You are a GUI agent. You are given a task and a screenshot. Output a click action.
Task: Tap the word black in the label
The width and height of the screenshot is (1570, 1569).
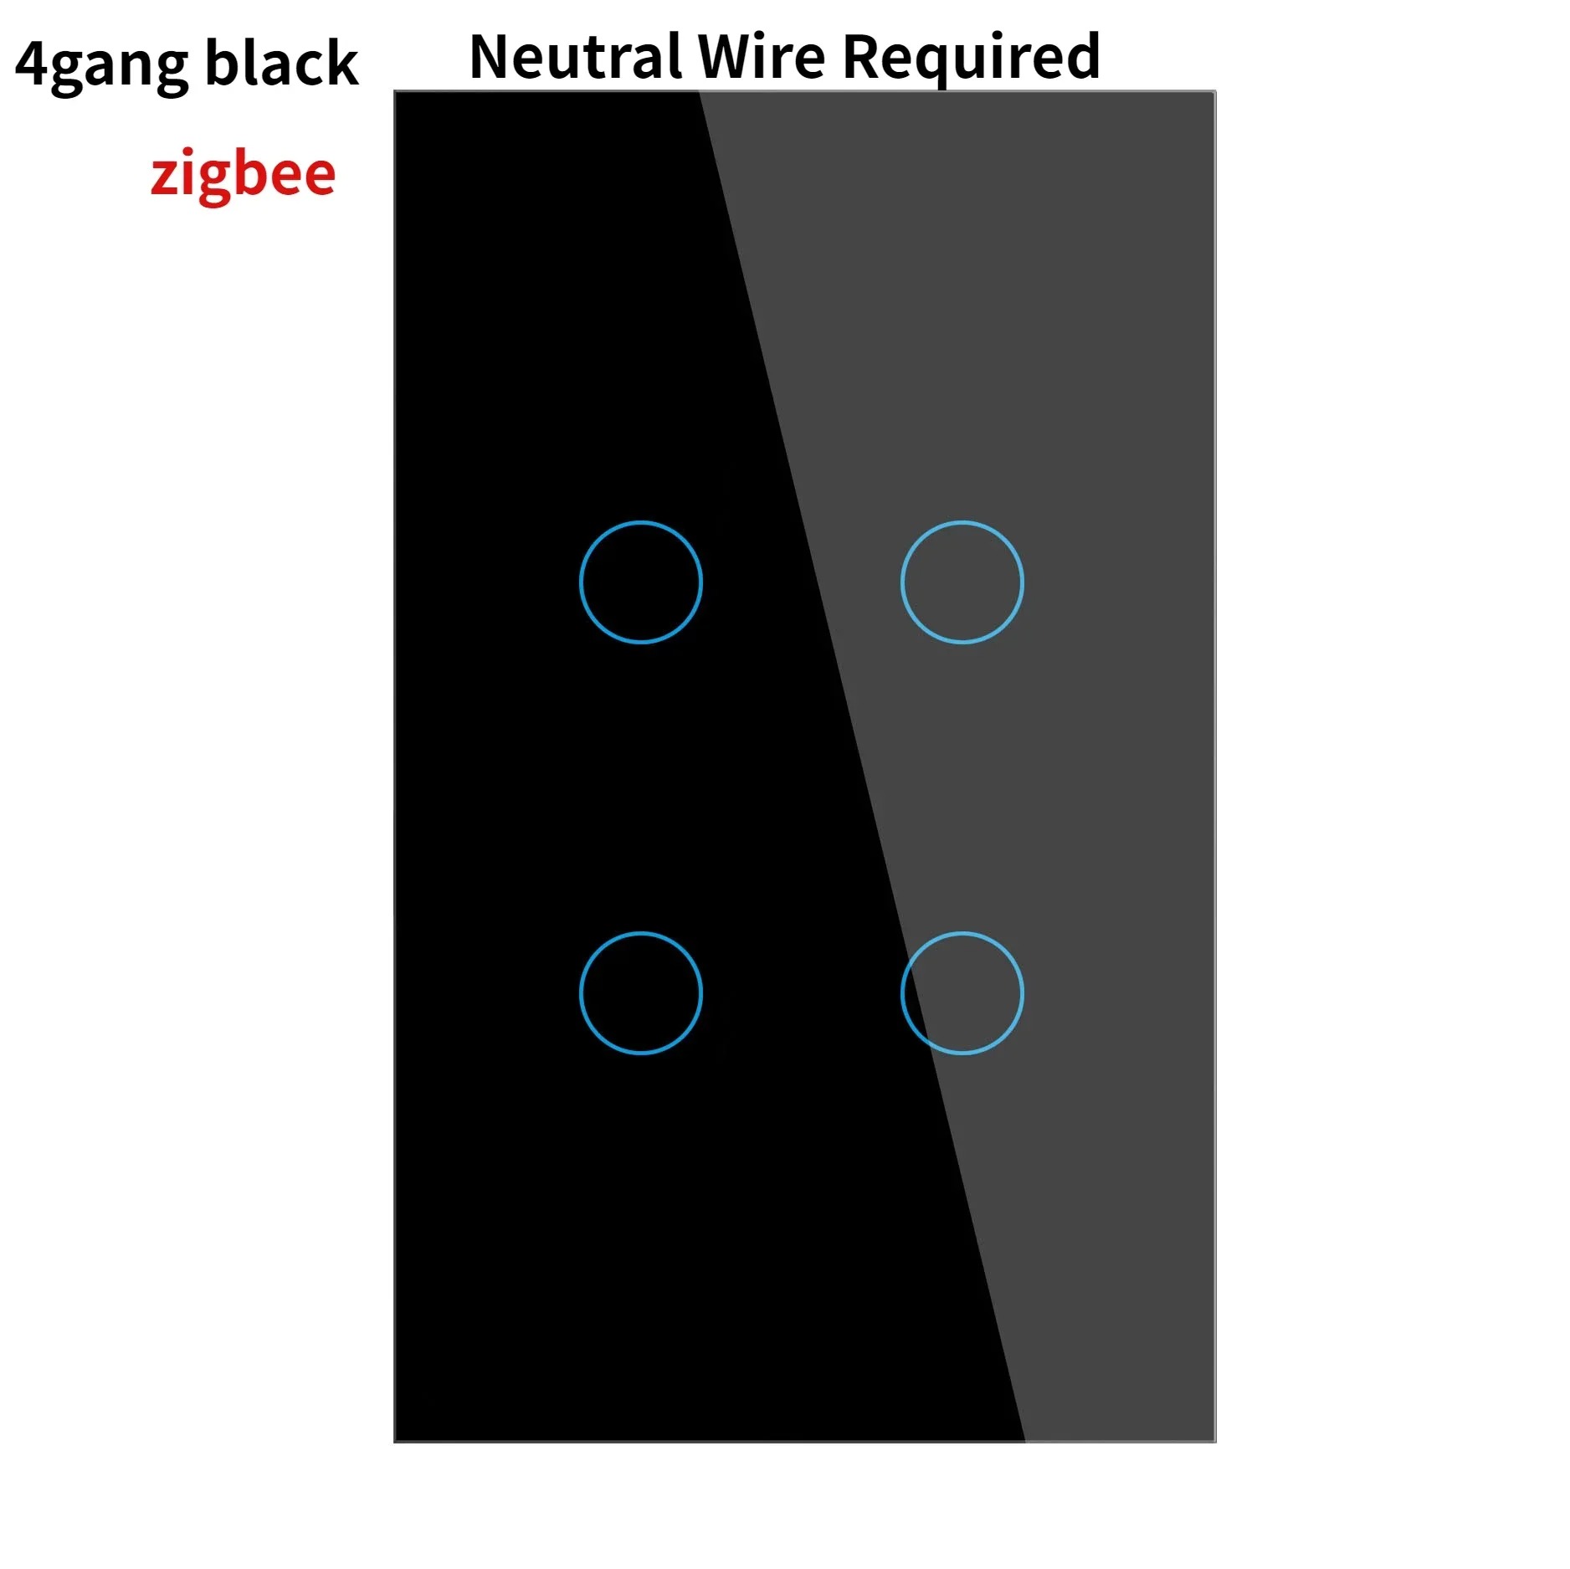(x=282, y=63)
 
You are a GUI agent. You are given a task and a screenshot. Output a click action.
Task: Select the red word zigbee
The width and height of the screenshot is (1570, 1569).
(x=244, y=175)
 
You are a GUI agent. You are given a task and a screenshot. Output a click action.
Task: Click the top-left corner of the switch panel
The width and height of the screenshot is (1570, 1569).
(x=394, y=91)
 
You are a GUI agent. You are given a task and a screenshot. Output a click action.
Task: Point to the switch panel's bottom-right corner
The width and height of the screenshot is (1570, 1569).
(x=1215, y=1442)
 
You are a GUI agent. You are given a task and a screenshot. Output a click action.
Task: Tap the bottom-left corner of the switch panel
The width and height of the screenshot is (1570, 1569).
(x=394, y=1442)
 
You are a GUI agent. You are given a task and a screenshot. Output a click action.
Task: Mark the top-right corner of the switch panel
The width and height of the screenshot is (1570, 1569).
(x=1215, y=91)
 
